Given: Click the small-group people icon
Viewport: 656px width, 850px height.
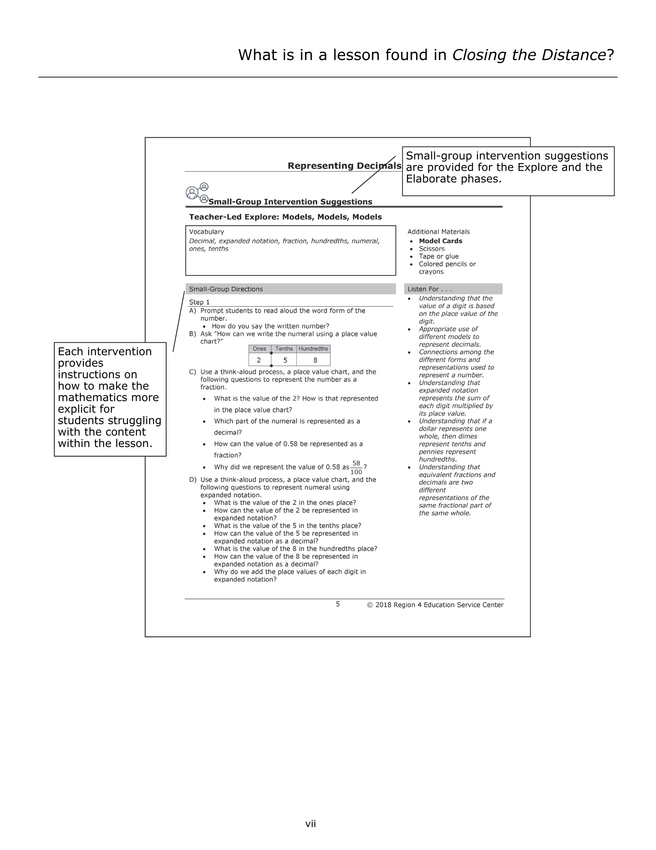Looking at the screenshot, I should pos(197,193).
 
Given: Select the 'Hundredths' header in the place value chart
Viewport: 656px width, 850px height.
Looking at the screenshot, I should pos(313,349).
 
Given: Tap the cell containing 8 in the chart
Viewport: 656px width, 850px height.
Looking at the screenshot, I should pos(315,360).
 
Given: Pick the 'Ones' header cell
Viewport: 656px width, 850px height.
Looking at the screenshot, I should pos(259,349).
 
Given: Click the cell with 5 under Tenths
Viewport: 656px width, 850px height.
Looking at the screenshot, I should pos(285,360).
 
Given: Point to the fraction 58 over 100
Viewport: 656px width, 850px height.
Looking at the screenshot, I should pos(356,468).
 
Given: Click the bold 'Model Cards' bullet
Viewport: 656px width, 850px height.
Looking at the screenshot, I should pos(440,241).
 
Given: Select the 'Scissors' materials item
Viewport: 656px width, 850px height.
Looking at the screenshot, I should pos(431,249).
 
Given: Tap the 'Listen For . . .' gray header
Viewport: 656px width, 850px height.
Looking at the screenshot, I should pos(453,289).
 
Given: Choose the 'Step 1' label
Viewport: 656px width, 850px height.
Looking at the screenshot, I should pos(199,302).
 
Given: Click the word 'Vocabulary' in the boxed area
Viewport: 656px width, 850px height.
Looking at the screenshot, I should pos(207,232).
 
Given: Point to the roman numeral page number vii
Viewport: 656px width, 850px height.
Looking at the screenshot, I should pos(310,823).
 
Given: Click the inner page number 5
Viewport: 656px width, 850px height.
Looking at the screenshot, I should pos(338,604).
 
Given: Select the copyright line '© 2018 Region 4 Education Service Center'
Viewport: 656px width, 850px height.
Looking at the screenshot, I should pos(435,605).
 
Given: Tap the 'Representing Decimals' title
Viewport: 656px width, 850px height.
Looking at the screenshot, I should pos(344,166).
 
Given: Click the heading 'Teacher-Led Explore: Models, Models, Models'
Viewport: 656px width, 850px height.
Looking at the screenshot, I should pos(285,217).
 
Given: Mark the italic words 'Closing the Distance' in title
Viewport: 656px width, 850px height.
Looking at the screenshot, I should pos(529,55).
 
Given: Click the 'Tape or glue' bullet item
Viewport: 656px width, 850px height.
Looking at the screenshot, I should pos(438,256).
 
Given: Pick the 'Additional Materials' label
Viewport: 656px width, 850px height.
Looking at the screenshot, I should pos(438,232).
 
